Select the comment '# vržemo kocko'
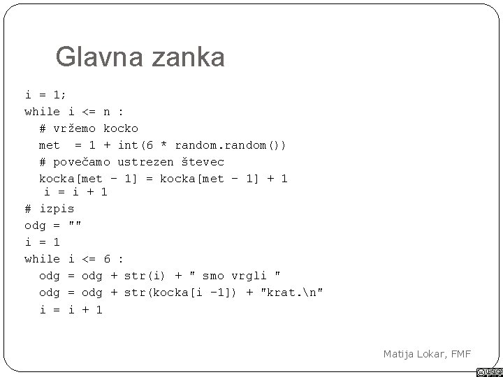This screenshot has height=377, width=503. tap(89, 128)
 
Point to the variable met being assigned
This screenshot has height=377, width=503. tap(49, 145)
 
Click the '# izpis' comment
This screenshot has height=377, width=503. tap(50, 209)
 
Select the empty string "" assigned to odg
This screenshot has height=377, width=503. tap(75, 225)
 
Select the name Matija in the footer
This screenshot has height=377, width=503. tap(400, 354)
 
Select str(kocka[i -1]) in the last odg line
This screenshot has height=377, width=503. tap(182, 292)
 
